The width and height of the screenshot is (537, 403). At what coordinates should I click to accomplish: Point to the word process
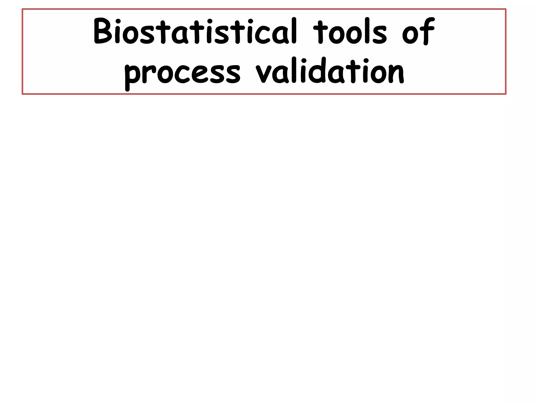tap(182, 73)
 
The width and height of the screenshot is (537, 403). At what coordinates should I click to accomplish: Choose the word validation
tap(330, 71)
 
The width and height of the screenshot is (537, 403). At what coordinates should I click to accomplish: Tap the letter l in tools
tap(367, 31)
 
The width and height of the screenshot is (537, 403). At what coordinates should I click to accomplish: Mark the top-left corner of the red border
tap(23, 9)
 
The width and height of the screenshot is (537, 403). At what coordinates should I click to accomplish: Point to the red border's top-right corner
tap(506, 9)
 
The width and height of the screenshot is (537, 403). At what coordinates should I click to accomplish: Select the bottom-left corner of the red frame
tap(23, 94)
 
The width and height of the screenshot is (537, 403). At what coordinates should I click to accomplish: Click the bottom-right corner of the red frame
tap(506, 94)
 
